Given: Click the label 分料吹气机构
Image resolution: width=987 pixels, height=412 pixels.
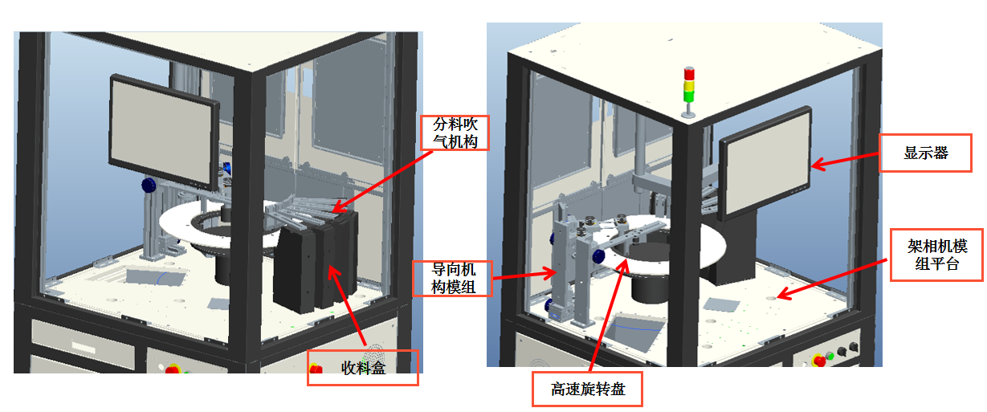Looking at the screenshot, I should pyautogui.click(x=455, y=133).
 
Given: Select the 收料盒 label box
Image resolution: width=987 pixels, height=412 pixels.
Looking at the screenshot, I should pyautogui.click(x=363, y=369).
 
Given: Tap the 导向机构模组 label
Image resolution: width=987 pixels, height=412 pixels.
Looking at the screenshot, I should pyautogui.click(x=451, y=278).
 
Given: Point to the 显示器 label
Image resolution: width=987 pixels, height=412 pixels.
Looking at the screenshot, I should pyautogui.click(x=926, y=153).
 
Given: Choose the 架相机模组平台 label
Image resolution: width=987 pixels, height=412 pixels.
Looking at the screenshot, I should pyautogui.click(x=936, y=254).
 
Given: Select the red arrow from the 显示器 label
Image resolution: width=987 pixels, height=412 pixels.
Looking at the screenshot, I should pyautogui.click(x=845, y=161).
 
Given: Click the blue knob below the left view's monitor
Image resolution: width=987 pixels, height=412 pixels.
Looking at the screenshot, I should pyautogui.click(x=149, y=186).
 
